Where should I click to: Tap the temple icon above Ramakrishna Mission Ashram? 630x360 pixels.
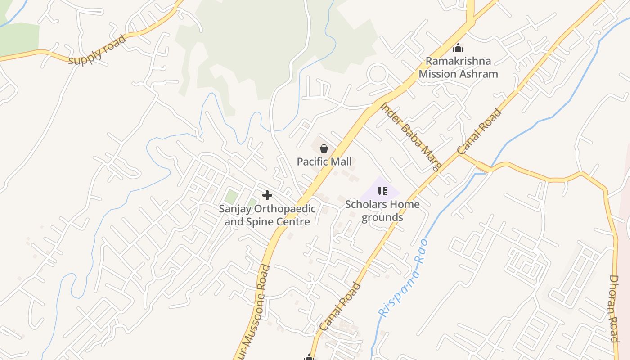tap(458, 48)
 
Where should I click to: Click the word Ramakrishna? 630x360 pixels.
tap(458, 61)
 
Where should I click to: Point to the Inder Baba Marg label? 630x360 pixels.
tap(411, 137)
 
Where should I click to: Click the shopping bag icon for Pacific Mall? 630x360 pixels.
tap(324, 148)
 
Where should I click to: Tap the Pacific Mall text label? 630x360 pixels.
tap(324, 162)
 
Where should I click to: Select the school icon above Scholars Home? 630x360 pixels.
tap(382, 191)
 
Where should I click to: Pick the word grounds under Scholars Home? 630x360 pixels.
tap(382, 217)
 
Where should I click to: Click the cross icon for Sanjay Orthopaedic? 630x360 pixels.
tap(267, 195)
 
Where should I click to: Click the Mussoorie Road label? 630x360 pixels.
tap(258, 310)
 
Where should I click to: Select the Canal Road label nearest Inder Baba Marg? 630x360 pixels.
tap(479, 131)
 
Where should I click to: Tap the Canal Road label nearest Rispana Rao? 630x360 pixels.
tap(340, 306)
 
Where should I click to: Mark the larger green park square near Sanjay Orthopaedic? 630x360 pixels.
tap(231, 197)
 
